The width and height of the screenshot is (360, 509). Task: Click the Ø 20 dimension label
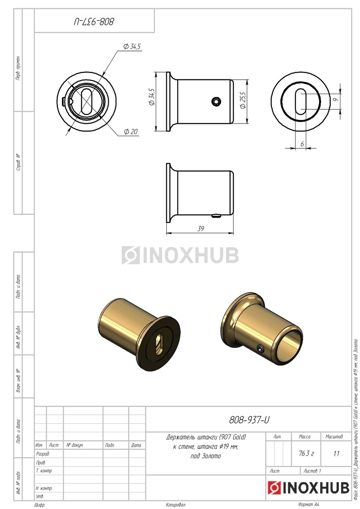(x=131, y=131)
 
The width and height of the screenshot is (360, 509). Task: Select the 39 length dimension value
(x=200, y=229)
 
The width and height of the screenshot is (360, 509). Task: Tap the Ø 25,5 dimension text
(x=243, y=100)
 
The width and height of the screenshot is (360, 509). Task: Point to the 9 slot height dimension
(x=336, y=99)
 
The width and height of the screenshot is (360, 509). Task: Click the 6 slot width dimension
(x=302, y=144)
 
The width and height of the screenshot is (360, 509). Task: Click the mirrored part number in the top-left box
(x=94, y=22)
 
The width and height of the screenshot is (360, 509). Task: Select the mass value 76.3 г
(x=306, y=453)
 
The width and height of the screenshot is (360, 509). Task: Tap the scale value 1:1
(x=336, y=453)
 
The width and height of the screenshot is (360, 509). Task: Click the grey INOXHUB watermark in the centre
(x=180, y=255)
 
